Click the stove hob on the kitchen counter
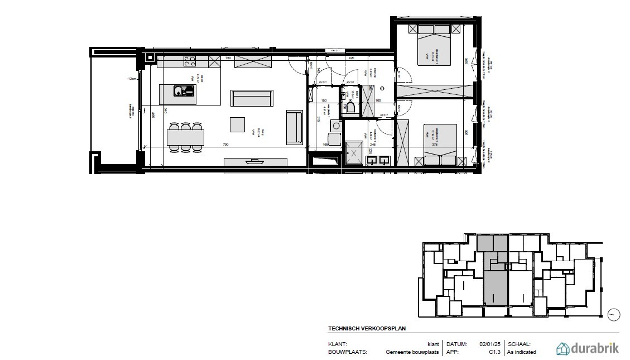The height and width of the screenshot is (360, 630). tap(190, 61)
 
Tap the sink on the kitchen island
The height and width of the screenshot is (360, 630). tap(183, 91)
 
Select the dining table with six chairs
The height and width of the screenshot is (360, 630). tap(185, 137)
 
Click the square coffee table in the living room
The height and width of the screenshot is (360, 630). tap(238, 123)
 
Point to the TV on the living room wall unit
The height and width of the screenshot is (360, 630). tap(254, 161)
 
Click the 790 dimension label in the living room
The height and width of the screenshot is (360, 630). tap(226, 145)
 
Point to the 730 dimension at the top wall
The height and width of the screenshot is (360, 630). tap(228, 57)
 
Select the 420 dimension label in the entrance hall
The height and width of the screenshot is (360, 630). tap(352, 57)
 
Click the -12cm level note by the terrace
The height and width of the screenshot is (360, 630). tap(131, 79)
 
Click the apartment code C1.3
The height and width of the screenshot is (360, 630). tap(494, 352)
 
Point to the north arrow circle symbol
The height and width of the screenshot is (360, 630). tap(613, 314)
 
